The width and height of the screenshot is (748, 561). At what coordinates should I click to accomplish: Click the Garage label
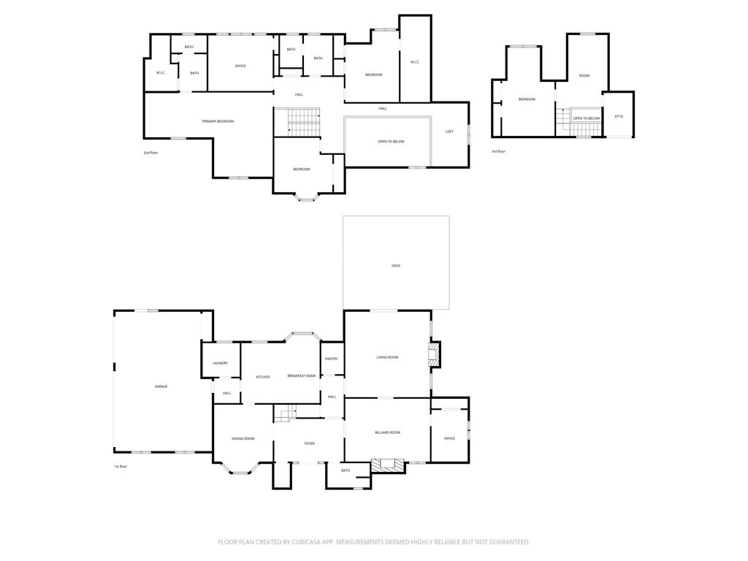point(161,386)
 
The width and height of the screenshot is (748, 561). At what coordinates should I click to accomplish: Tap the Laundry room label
point(220,363)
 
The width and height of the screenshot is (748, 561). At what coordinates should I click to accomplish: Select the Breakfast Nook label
point(302,376)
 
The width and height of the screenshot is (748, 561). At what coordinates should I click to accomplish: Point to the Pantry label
point(331,359)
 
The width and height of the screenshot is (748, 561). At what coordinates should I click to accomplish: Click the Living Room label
point(387,356)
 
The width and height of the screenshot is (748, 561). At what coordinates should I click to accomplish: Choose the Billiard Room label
point(387,432)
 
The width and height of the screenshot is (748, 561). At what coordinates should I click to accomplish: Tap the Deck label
point(396,266)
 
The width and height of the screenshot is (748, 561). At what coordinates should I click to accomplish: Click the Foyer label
point(309,443)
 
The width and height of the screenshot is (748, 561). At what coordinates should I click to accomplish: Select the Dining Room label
point(243,438)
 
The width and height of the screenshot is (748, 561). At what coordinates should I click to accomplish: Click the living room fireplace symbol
point(435,354)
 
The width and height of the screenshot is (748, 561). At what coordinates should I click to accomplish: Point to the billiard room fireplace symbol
point(388,465)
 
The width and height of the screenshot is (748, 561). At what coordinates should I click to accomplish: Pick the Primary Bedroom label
point(218,121)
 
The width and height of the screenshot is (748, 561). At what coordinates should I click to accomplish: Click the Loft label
point(449,131)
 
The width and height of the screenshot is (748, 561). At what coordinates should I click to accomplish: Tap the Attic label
point(619,116)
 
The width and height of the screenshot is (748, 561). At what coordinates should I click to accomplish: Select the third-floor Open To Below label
point(587,118)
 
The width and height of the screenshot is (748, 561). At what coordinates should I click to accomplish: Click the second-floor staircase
point(297,122)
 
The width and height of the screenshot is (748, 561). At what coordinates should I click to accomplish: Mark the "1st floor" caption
point(121,466)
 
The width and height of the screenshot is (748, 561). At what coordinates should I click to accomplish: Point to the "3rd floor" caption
point(498,151)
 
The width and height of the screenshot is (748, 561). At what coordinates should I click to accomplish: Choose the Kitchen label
point(263,377)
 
